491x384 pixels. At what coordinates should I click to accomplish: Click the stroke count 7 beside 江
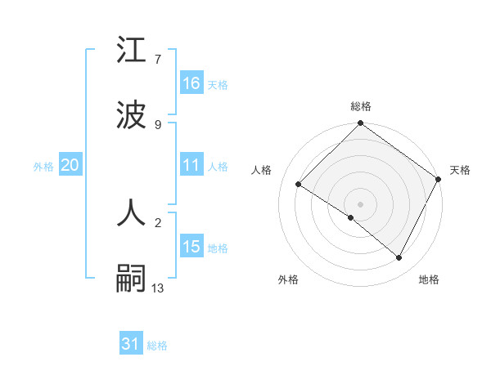[158, 59]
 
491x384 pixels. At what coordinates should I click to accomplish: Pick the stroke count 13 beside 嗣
[158, 287]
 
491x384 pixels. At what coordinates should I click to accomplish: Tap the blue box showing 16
[191, 83]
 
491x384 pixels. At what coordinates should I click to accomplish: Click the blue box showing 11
[191, 165]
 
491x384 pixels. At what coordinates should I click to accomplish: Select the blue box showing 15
[191, 247]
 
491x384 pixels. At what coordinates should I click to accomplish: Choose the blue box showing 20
[70, 165]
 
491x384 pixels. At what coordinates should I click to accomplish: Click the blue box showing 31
[131, 345]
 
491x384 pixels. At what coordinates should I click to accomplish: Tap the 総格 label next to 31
[157, 346]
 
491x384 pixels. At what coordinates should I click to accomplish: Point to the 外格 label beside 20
[43, 166]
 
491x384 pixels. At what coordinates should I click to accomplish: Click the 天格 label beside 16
[218, 84]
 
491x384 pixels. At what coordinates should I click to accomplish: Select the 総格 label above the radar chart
[361, 106]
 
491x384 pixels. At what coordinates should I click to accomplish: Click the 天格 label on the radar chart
[460, 170]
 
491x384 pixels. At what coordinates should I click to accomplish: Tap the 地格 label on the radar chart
[429, 279]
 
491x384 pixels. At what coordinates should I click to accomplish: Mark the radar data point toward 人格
[299, 185]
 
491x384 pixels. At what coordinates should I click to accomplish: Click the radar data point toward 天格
[439, 179]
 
